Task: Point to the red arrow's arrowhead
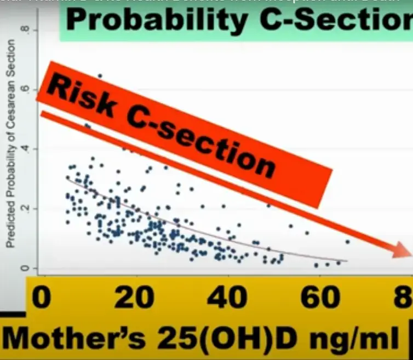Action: coord(401,251)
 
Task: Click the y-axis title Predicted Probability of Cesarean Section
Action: coord(10,150)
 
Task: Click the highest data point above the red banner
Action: coord(100,76)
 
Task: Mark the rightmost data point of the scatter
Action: coord(347,241)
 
